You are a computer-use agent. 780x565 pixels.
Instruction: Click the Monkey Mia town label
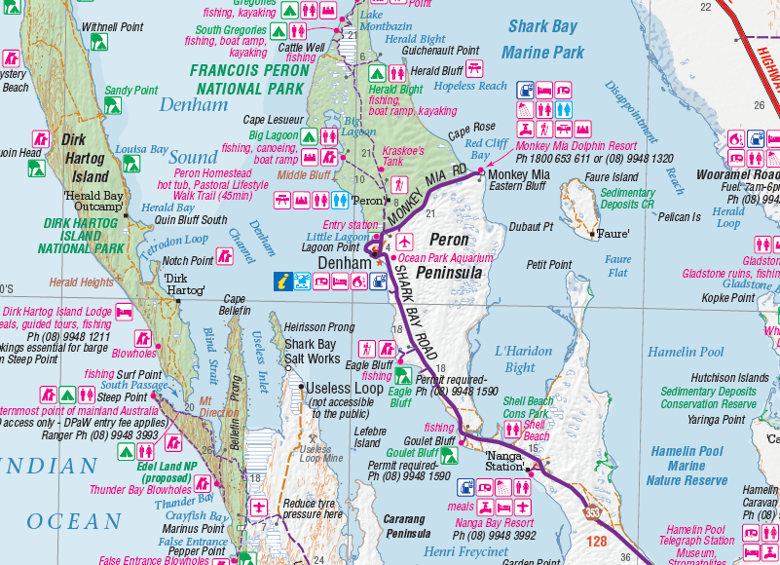519,175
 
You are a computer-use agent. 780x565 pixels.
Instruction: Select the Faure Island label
611,178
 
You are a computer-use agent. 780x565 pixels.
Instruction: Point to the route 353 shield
592,512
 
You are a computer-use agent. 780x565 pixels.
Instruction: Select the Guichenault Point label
440,51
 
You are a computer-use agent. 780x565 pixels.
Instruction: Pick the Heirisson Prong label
319,328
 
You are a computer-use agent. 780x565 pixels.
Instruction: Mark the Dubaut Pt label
531,227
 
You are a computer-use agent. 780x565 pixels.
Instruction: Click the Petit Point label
548,265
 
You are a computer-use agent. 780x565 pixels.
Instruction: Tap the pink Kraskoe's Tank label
403,157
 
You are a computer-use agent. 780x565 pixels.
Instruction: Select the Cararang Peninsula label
407,527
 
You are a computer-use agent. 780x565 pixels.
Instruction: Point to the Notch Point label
187,261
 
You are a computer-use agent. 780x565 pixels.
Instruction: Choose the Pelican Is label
679,217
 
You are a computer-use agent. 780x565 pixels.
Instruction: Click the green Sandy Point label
130,91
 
